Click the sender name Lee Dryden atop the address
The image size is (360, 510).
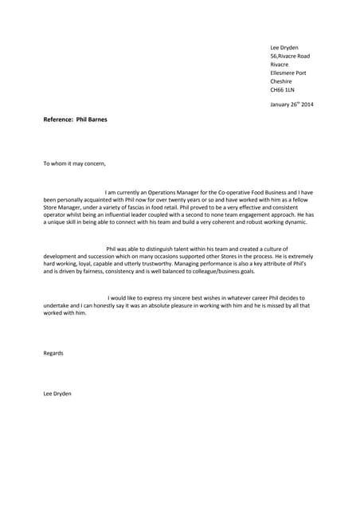tap(284, 48)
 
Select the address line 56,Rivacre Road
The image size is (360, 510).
tap(290, 56)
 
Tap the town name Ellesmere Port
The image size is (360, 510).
tap(288, 73)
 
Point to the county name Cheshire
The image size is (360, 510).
tap(281, 81)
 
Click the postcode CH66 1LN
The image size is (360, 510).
tap(282, 90)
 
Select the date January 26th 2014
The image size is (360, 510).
tap(292, 104)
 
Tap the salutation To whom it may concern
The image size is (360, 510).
tap(74, 164)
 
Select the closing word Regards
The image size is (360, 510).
tap(53, 353)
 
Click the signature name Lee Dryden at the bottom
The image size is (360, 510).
tap(57, 393)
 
